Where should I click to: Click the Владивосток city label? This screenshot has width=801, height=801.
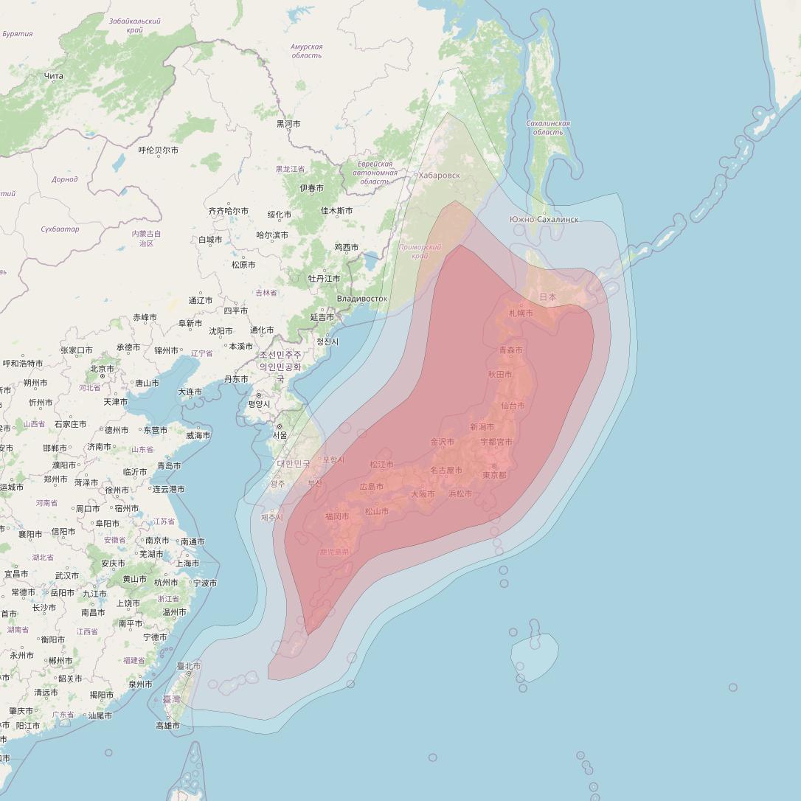[361, 299]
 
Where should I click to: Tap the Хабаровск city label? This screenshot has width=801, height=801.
[439, 176]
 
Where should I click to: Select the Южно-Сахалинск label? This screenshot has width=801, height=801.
[544, 220]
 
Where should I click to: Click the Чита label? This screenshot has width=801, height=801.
[54, 76]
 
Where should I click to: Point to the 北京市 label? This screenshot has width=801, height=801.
[102, 368]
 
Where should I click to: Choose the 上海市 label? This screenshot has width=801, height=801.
[187, 563]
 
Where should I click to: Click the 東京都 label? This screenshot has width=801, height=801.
[494, 475]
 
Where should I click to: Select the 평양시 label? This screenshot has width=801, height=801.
[259, 404]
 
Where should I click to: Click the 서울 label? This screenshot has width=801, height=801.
[280, 435]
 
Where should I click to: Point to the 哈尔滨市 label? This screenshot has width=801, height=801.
[272, 235]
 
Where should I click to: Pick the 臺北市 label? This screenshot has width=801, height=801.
[189, 666]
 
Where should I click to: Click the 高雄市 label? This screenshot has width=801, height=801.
[167, 726]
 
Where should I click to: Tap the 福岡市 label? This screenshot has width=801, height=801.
[337, 516]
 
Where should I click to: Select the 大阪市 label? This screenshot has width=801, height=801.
[423, 494]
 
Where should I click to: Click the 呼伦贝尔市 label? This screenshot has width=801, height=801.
[158, 150]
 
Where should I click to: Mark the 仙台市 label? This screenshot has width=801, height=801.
[513, 406]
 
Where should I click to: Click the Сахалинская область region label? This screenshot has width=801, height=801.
[548, 128]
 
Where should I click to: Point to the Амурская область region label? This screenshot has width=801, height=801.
[306, 51]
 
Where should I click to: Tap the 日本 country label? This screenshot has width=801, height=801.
[548, 297]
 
